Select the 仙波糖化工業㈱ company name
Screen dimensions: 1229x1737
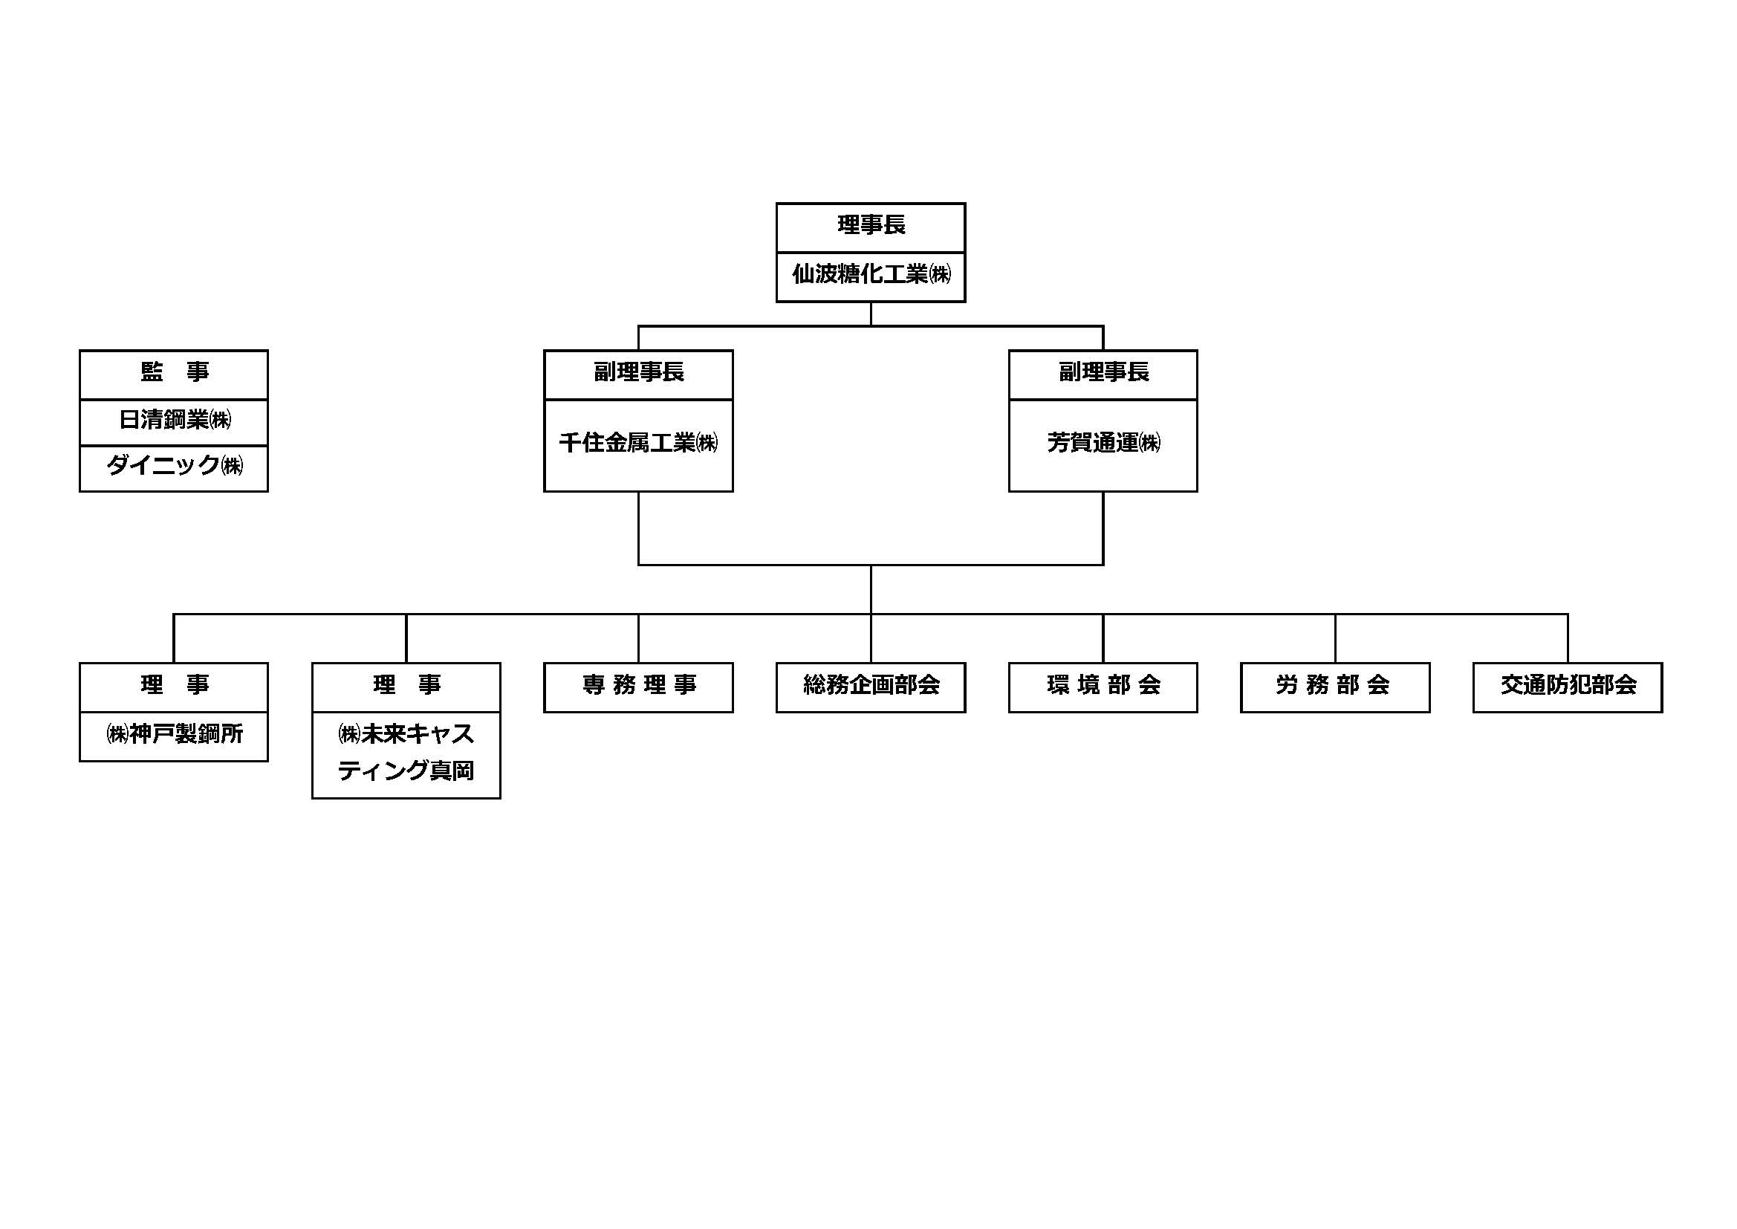click(x=870, y=275)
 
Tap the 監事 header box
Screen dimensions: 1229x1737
click(x=173, y=373)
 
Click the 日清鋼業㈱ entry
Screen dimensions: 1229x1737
click(x=173, y=420)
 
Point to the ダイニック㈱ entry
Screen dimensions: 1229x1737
click(x=173, y=466)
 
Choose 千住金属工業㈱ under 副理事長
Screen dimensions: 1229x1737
click(x=637, y=444)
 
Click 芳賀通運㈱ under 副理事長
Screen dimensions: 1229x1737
click(x=1103, y=444)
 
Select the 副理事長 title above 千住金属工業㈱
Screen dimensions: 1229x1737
click(x=637, y=373)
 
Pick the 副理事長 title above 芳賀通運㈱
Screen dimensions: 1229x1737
click(x=1103, y=373)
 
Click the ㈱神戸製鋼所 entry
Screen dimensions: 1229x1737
click(x=173, y=735)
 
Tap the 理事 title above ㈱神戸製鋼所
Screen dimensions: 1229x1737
click(x=173, y=686)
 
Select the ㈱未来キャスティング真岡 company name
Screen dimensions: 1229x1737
click(x=406, y=753)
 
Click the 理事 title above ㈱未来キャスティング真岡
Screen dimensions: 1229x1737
click(x=406, y=686)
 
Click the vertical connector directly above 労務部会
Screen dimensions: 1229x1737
click(x=1334, y=638)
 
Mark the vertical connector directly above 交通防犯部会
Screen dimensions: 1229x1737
click(x=1567, y=638)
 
